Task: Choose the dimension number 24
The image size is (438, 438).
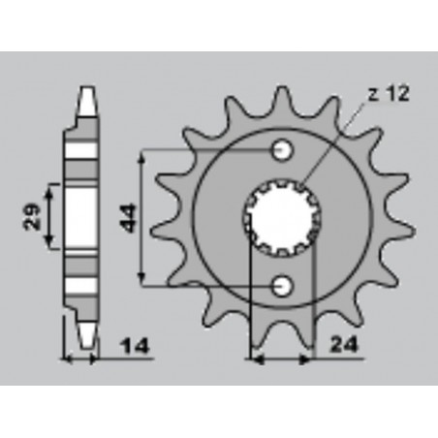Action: [342, 344]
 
